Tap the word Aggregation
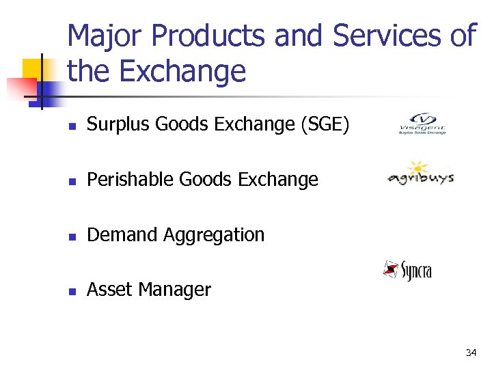[x=214, y=234]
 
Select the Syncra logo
[x=408, y=270]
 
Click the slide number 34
[x=470, y=353]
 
